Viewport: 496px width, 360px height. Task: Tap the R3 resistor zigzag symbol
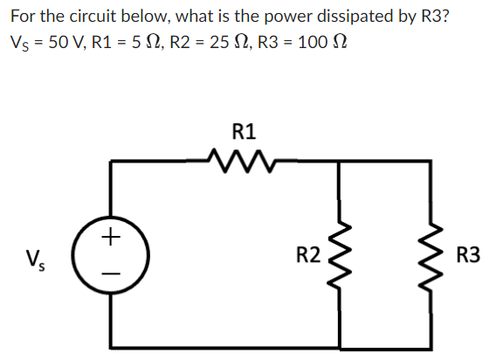tap(431, 256)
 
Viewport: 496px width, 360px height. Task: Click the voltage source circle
tap(110, 256)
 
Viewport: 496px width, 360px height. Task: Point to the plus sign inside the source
tap(110, 236)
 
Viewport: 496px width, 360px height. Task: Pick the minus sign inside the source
tap(110, 273)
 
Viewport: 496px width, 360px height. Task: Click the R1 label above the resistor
tap(245, 133)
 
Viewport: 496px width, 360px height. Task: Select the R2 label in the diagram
tap(308, 256)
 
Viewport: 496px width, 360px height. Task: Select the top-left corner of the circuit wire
tap(110, 161)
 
